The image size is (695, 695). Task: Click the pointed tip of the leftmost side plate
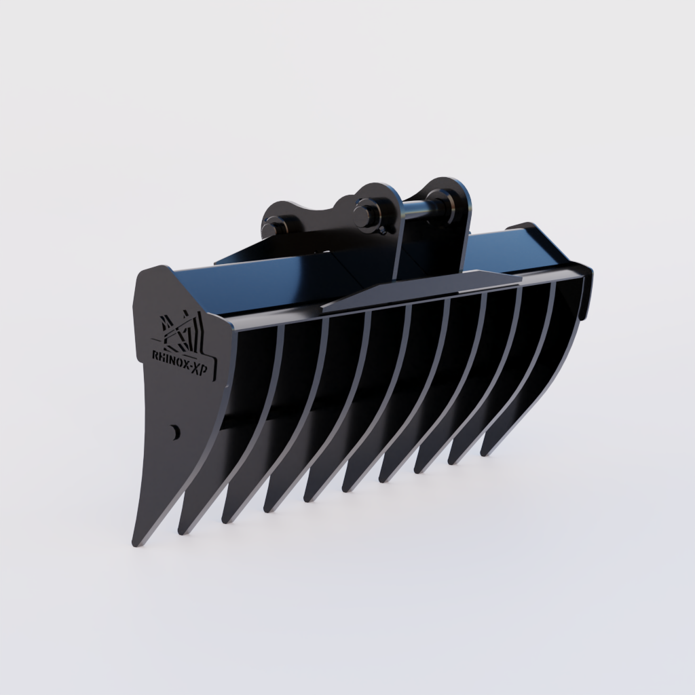(136, 542)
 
